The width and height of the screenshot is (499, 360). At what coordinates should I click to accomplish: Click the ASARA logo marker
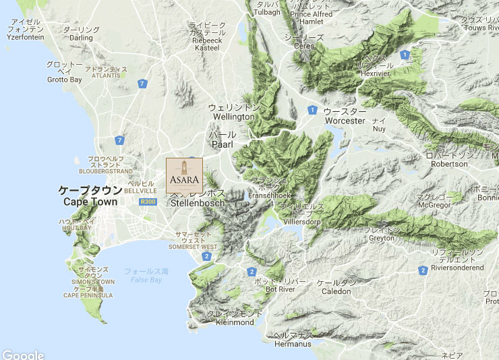coord(184,175)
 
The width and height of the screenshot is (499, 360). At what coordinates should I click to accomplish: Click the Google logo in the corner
coord(22,355)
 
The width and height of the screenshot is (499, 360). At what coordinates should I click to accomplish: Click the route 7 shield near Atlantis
coord(142,84)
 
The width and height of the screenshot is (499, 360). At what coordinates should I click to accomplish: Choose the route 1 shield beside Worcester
coord(312,110)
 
